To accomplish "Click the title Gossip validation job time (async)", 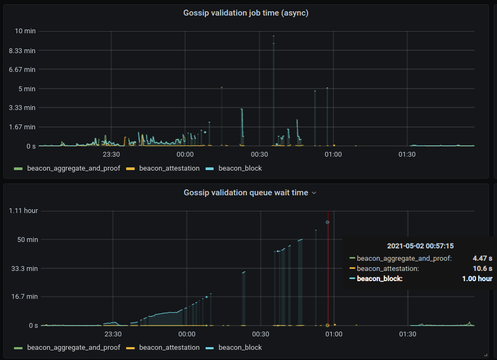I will coord(246,13).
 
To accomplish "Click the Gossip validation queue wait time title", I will coord(246,192).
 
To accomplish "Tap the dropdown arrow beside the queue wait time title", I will coord(315,193).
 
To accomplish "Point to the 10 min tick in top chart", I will coord(26,31).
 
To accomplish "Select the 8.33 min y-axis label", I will coord(23,50).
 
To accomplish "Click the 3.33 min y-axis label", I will coord(23,107).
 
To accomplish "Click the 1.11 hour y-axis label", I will coord(24,211).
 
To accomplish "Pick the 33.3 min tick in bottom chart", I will coord(24,268).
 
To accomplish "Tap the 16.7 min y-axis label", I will coord(24,296).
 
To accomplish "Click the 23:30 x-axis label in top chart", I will coord(111,155).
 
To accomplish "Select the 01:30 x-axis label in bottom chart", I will coord(407,334).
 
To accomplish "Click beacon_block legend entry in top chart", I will coord(240,168).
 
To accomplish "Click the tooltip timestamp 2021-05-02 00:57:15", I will coord(420,246).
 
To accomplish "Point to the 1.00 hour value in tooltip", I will coord(477,279).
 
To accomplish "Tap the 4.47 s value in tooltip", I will coord(483,259).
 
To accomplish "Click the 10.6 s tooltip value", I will coord(483,269).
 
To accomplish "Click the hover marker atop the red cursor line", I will coord(327,222).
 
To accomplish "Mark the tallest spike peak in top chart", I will coord(273,36).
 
